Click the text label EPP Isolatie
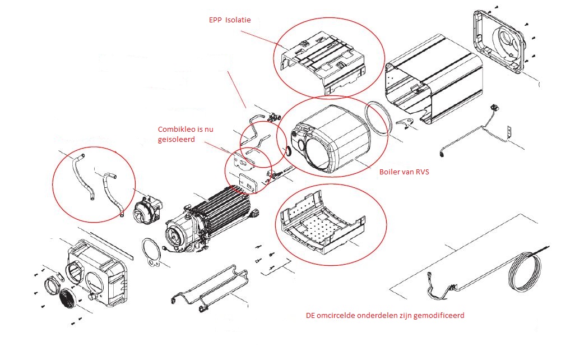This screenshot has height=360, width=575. (229, 20)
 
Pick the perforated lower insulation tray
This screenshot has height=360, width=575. (322, 224)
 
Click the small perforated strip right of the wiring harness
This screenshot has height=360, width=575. (509, 131)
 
